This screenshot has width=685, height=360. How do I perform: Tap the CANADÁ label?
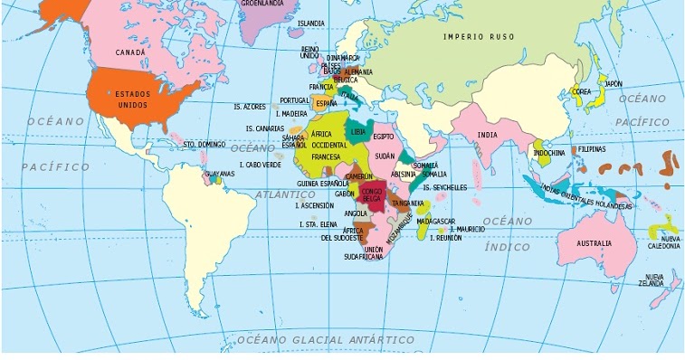click(130, 52)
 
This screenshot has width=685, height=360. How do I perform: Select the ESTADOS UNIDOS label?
click(132, 99)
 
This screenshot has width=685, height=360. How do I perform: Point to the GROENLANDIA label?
click(263, 4)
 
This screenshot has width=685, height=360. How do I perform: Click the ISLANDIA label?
click(310, 23)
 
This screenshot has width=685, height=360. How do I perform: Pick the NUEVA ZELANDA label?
click(654, 279)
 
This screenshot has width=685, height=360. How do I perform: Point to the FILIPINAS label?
click(592, 148)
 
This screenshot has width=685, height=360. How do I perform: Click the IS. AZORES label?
click(249, 106)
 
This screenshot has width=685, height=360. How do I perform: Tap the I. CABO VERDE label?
click(260, 165)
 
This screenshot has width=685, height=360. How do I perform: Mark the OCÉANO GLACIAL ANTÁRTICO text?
click(325, 340)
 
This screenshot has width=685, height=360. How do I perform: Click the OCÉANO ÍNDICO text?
click(508, 233)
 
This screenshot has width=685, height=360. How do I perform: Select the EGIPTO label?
click(384, 137)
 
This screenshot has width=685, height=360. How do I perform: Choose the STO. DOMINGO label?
click(204, 144)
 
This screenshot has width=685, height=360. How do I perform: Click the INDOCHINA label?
click(549, 153)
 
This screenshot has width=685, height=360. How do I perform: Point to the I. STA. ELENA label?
click(318, 223)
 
